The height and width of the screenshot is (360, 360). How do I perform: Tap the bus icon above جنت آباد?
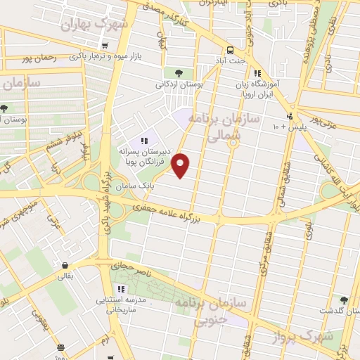(231, 49)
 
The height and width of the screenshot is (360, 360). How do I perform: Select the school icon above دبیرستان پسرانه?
(145, 141)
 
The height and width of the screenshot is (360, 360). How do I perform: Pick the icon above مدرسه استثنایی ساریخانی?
(120, 289)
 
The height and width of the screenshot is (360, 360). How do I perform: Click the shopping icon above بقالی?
(65, 265)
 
